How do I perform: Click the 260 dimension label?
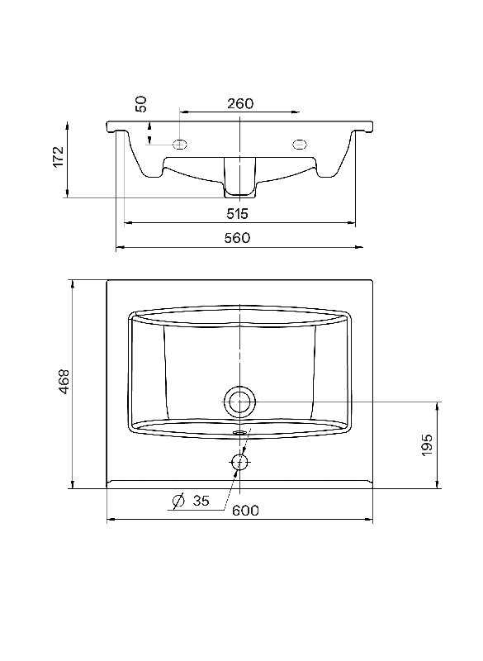(240, 104)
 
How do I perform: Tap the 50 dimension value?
(143, 104)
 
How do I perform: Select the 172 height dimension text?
(58, 157)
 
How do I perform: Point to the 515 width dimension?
(238, 214)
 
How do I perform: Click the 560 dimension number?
(237, 238)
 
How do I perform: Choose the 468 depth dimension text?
(64, 382)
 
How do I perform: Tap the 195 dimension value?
(427, 445)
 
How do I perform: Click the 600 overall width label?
(245, 511)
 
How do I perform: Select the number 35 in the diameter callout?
(201, 501)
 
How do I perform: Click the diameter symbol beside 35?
(178, 501)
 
